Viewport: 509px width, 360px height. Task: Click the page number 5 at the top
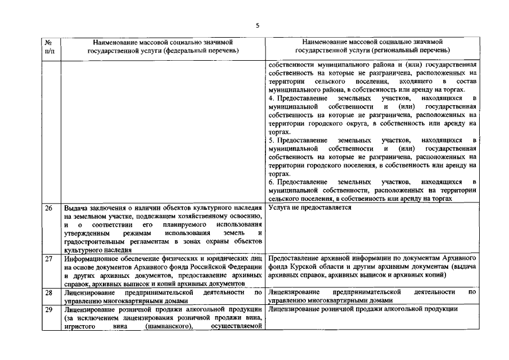tap(257, 25)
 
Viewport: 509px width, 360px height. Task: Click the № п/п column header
tap(49, 46)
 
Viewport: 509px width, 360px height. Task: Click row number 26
tap(49, 208)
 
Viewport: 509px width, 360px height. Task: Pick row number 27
tap(49, 259)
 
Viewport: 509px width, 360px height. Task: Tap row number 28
tap(49, 292)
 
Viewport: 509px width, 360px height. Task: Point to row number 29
tap(49, 309)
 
